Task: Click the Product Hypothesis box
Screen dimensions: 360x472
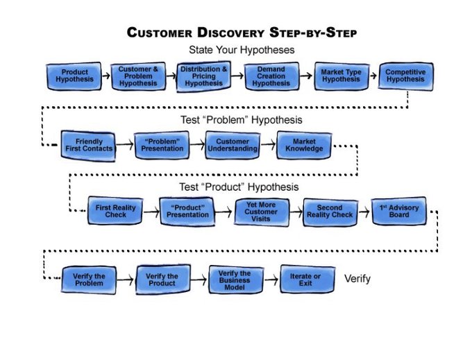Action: coord(74,76)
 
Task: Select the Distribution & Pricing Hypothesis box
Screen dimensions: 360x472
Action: coord(203,76)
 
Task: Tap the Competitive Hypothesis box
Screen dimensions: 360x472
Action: coord(405,76)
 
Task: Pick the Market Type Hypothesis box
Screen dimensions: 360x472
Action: coord(340,76)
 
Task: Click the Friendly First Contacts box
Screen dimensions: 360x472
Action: coord(88,145)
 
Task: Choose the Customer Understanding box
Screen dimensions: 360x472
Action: coord(232,145)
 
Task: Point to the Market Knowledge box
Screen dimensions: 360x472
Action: coord(303,145)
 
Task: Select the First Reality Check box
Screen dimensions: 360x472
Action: coord(116,211)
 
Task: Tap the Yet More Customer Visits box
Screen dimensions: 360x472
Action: coord(260,211)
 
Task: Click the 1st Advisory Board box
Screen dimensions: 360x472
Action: coord(399,211)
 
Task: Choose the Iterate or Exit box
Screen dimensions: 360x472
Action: coord(305,280)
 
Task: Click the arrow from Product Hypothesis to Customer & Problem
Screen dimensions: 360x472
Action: coord(104,73)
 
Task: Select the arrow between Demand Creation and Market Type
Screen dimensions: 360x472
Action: coord(306,74)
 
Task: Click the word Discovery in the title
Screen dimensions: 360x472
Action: coord(233,33)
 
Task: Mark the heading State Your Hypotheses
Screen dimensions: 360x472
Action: coord(242,50)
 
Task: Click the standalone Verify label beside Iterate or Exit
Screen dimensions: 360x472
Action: coord(357,279)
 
